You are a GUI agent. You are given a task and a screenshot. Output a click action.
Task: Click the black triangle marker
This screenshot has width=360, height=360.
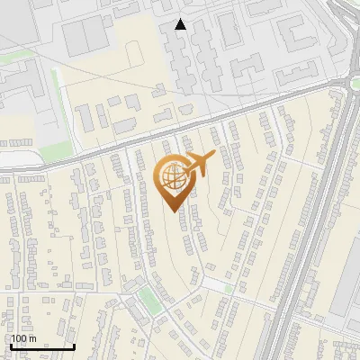[181, 24]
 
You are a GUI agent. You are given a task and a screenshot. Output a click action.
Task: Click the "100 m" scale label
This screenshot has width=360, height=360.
[23, 338]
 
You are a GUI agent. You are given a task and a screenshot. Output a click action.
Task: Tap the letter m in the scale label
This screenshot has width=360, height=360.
[31, 338]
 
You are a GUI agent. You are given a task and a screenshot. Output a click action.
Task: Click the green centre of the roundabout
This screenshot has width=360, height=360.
[354, 84]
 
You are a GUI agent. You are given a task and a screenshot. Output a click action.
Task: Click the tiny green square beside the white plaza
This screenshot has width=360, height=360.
[229, 289]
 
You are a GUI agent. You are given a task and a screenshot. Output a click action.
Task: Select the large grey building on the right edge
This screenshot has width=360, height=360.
[346, 288]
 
